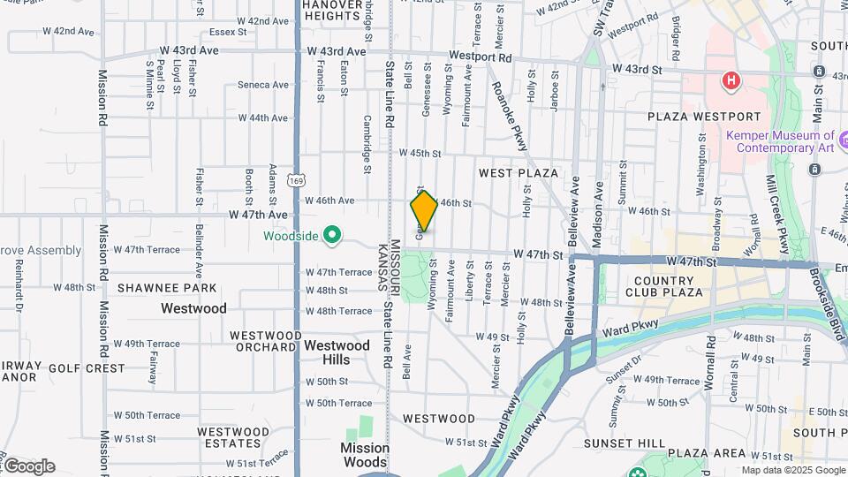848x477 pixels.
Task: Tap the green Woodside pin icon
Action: (x=332, y=235)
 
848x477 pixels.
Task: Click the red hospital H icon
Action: (x=731, y=82)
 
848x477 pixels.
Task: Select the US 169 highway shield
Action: (x=301, y=180)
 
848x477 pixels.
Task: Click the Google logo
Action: (x=29, y=466)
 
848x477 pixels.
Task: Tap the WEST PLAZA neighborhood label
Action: (x=519, y=173)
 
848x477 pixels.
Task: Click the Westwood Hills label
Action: (x=337, y=352)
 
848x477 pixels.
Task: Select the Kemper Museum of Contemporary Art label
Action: (x=780, y=141)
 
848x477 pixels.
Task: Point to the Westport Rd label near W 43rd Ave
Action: (x=480, y=56)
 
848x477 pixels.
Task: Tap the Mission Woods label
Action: (x=365, y=455)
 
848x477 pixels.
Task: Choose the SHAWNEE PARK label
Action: (x=167, y=288)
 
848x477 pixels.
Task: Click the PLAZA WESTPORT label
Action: (x=703, y=117)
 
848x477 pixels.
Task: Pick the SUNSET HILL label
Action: (x=629, y=443)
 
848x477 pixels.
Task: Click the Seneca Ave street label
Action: (x=263, y=85)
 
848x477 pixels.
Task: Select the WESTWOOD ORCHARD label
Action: (x=263, y=341)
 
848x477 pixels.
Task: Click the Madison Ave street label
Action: (x=599, y=206)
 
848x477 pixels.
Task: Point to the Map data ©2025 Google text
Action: (x=793, y=470)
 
